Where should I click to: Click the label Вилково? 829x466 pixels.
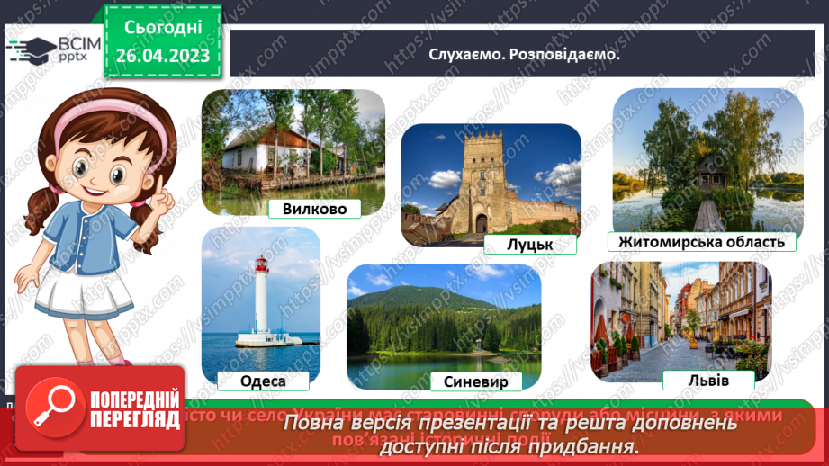click(314, 208)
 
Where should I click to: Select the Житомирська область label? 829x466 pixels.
click(701, 241)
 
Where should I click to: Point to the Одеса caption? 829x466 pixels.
click(263, 381)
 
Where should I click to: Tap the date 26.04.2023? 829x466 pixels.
click(163, 56)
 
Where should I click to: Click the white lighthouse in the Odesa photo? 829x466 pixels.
click(261, 306)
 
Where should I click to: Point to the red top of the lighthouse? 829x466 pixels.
click(261, 264)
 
